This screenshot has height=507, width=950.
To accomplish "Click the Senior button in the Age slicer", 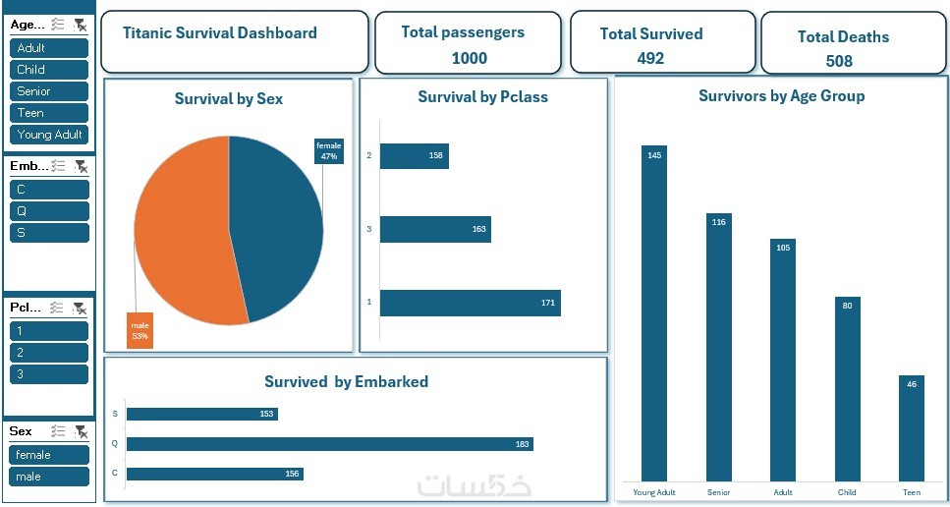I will (x=49, y=91).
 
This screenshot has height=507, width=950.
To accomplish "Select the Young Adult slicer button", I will (x=49, y=135).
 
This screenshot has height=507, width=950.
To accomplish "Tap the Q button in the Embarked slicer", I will (x=49, y=211).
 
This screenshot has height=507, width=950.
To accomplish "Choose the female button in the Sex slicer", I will (x=49, y=455).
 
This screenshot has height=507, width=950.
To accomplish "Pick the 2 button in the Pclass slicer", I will (x=49, y=353).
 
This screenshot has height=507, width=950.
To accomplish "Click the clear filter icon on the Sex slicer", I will (x=81, y=431).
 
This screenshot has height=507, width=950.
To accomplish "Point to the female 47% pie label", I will (x=328, y=150).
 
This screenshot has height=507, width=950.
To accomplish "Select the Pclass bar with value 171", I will (x=470, y=303).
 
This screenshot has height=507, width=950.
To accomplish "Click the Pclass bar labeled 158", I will (x=414, y=156).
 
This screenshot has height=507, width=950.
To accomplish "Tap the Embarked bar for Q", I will (x=329, y=444).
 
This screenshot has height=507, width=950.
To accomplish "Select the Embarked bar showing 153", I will (x=201, y=414).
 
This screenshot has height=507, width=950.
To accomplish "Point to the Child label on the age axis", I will (x=846, y=492).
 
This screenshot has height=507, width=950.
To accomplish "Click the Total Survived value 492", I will (x=650, y=58).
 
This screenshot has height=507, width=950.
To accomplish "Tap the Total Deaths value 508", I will (x=839, y=61).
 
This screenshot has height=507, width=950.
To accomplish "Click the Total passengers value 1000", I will (x=469, y=58).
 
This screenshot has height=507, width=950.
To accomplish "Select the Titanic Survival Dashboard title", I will (x=220, y=32).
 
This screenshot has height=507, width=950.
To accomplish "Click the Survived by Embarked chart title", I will (x=346, y=382).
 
